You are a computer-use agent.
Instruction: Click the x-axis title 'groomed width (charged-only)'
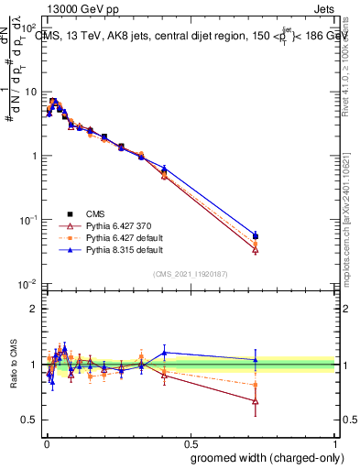(x=262, y=457)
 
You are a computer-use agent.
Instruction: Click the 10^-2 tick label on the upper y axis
(x=27, y=284)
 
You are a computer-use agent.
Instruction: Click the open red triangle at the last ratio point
(x=256, y=401)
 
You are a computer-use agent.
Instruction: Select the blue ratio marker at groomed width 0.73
(x=256, y=360)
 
